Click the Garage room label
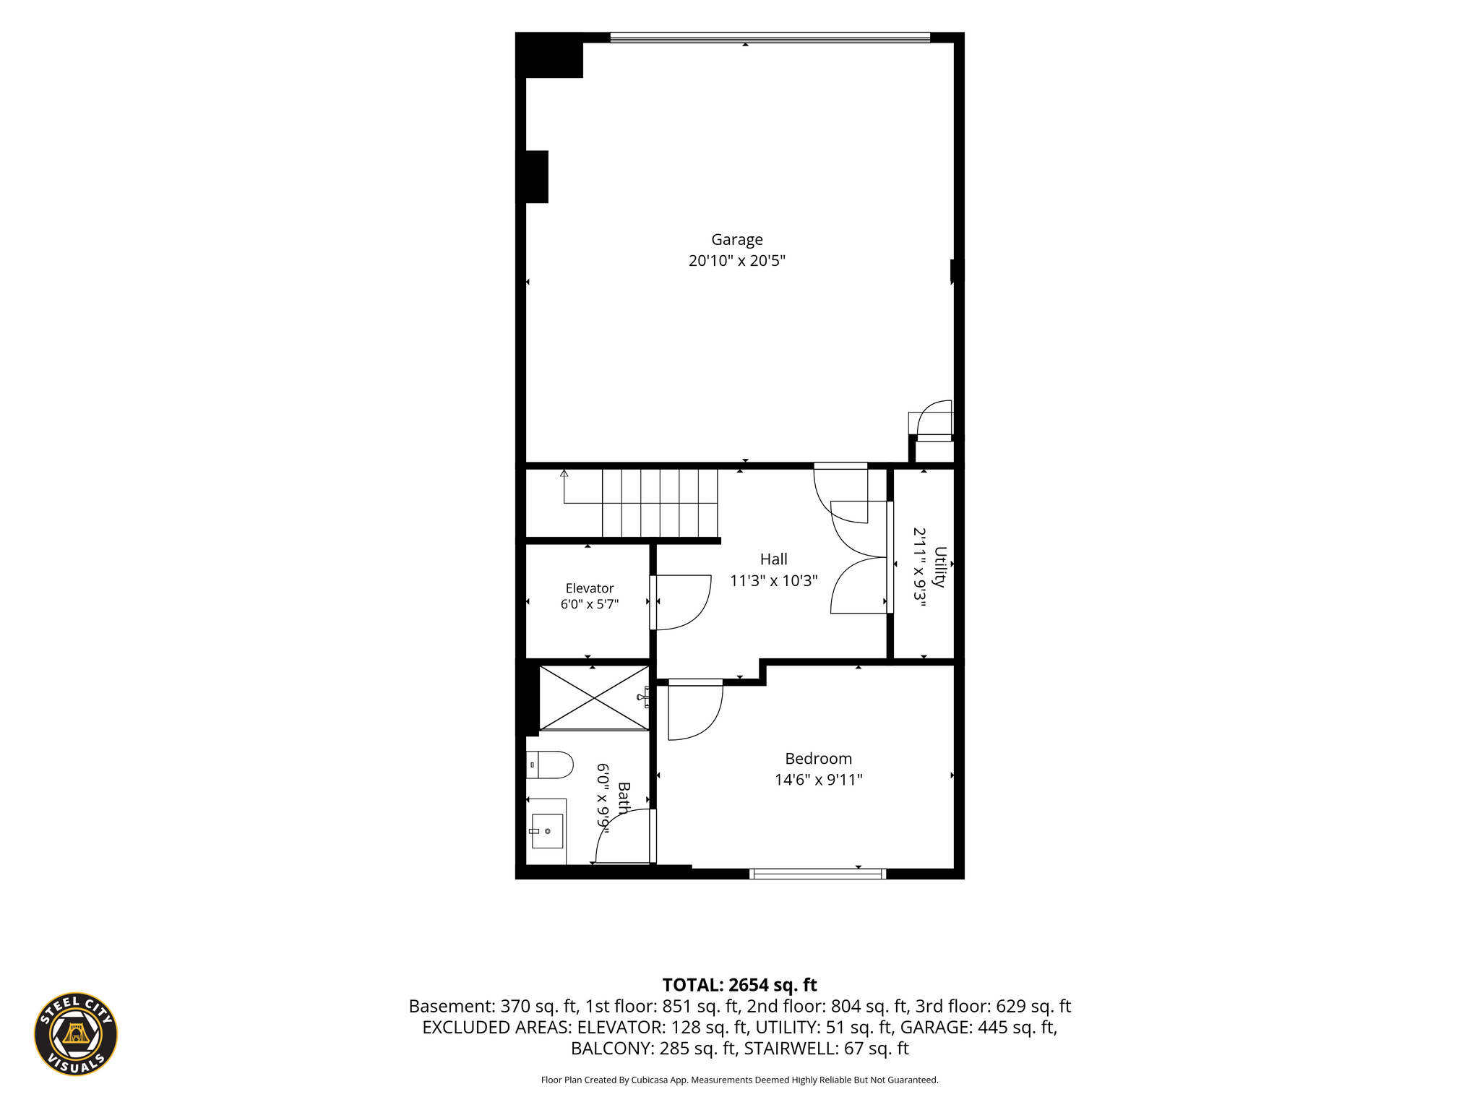pyautogui.click(x=736, y=240)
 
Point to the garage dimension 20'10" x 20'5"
pyautogui.click(x=736, y=261)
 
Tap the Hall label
pyautogui.click(x=773, y=559)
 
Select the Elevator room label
pyautogui.click(x=590, y=588)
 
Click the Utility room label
pyautogui.click(x=939, y=567)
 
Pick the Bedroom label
pyautogui.click(x=818, y=759)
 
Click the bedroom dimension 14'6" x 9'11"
pyautogui.click(x=818, y=780)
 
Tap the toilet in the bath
pyautogui.click(x=550, y=765)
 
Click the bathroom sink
pyautogui.click(x=547, y=831)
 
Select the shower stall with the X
pyautogui.click(x=594, y=697)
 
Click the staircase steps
pyautogui.click(x=660, y=503)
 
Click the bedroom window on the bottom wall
pyautogui.click(x=817, y=874)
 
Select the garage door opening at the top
pyautogui.click(x=770, y=38)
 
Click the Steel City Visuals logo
pyautogui.click(x=76, y=1033)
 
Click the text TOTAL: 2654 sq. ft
pyautogui.click(x=739, y=985)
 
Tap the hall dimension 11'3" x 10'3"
pyautogui.click(x=773, y=580)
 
